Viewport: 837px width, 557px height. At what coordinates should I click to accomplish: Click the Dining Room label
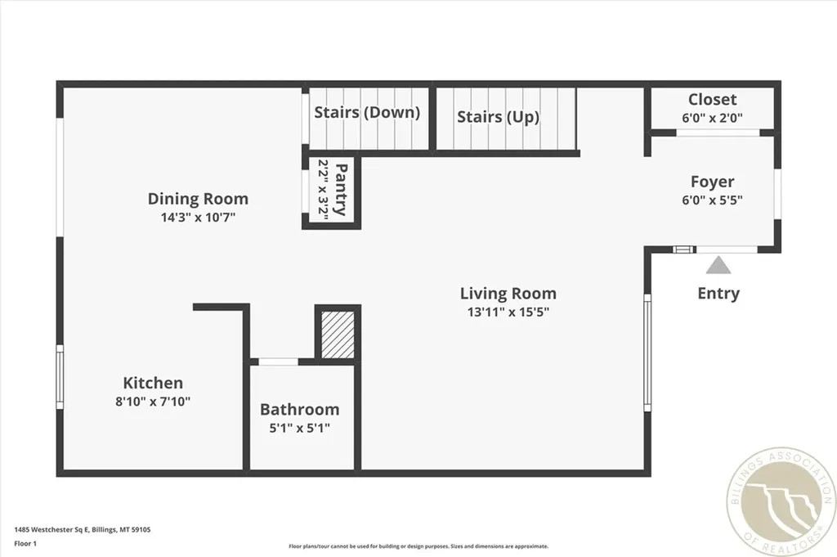pyautogui.click(x=198, y=199)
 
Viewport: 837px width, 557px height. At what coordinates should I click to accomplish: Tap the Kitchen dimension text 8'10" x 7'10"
pyautogui.click(x=153, y=402)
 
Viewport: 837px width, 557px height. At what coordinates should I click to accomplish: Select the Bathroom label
pyautogui.click(x=299, y=410)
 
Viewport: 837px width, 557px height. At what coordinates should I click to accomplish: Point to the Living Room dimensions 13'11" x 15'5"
pyautogui.click(x=508, y=312)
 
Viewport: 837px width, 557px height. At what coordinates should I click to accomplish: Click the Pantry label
pyautogui.click(x=340, y=190)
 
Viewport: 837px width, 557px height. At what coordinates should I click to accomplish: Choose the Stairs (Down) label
pyautogui.click(x=367, y=113)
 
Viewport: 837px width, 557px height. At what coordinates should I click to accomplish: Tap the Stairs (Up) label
pyautogui.click(x=498, y=117)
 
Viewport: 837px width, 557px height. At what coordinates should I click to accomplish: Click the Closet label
pyautogui.click(x=712, y=99)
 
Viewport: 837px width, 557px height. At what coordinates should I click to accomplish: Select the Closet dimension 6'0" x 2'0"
pyautogui.click(x=712, y=118)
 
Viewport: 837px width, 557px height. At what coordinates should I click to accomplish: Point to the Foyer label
pyautogui.click(x=712, y=182)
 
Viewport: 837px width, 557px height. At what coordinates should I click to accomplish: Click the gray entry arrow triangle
pyautogui.click(x=718, y=266)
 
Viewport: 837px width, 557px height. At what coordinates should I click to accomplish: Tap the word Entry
pyautogui.click(x=718, y=293)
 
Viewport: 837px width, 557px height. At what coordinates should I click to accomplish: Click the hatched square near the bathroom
pyautogui.click(x=338, y=335)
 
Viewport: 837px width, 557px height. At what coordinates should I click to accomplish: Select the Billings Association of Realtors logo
pyautogui.click(x=781, y=502)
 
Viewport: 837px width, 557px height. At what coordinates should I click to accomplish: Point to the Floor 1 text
pyautogui.click(x=25, y=544)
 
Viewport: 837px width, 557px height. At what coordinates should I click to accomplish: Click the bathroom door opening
pyautogui.click(x=278, y=362)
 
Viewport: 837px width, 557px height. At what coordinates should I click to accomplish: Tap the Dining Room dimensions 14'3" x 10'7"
pyautogui.click(x=198, y=218)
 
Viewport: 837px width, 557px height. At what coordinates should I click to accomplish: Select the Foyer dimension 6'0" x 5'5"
pyautogui.click(x=712, y=200)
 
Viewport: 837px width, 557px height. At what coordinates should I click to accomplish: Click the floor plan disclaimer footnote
pyautogui.click(x=418, y=546)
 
